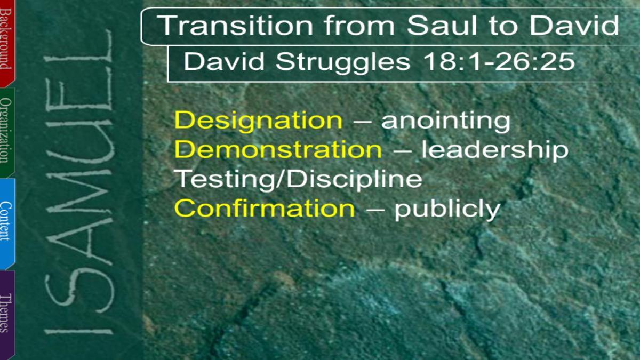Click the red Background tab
7,43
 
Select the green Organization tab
7,132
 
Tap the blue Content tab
7,223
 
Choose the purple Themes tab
7,314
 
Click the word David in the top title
574,26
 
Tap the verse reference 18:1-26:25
499,61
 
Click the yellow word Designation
258,121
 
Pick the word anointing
446,121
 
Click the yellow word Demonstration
278,149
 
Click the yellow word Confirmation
265,208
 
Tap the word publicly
447,210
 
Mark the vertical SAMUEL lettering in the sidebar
79,183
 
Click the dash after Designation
362,123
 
